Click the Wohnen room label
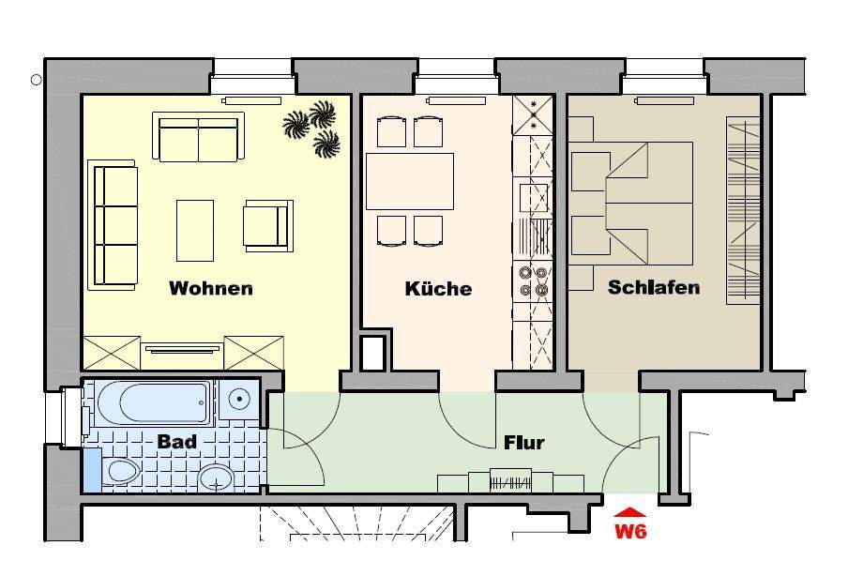210,288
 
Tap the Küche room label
438,288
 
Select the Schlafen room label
654,287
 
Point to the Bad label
176,441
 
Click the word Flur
523,442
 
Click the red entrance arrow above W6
631,512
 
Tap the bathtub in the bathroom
150,402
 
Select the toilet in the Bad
120,471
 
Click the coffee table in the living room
195,230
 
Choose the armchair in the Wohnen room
266,225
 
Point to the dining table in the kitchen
410,181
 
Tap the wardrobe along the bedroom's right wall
743,211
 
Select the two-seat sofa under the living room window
199,138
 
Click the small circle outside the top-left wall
37,80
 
